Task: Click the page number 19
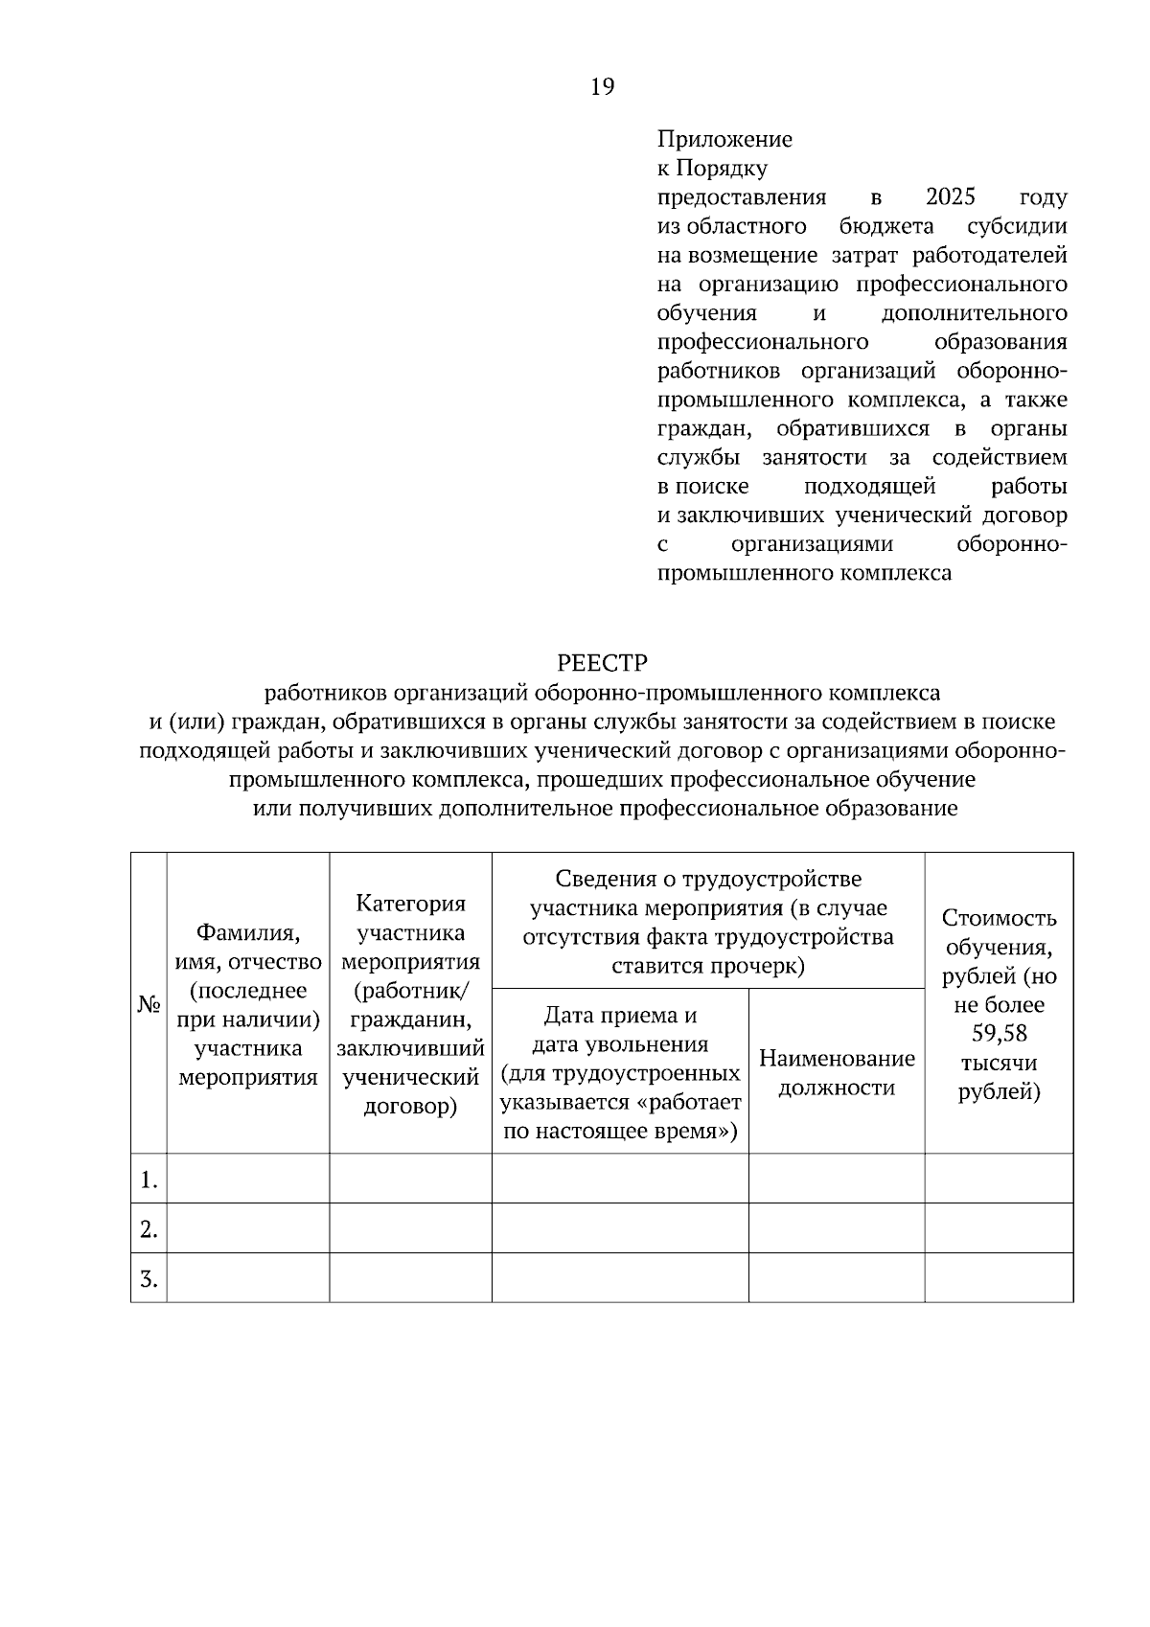602,87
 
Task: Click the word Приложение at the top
724,140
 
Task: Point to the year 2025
951,197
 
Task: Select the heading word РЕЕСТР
602,663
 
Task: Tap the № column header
149,1004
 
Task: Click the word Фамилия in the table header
247,932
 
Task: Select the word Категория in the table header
410,904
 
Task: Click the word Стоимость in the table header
999,918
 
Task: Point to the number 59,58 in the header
999,1034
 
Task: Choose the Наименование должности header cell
837,1072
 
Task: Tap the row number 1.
148,1180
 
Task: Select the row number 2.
148,1229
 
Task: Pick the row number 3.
148,1279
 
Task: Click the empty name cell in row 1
247,1179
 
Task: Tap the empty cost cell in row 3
999,1278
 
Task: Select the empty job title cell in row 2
837,1228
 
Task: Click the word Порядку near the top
722,169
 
